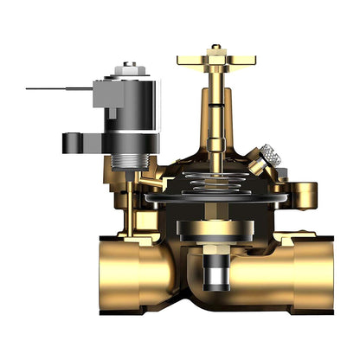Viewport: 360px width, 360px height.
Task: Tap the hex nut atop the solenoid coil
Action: (130, 67)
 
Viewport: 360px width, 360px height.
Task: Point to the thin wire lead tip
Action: (29, 88)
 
